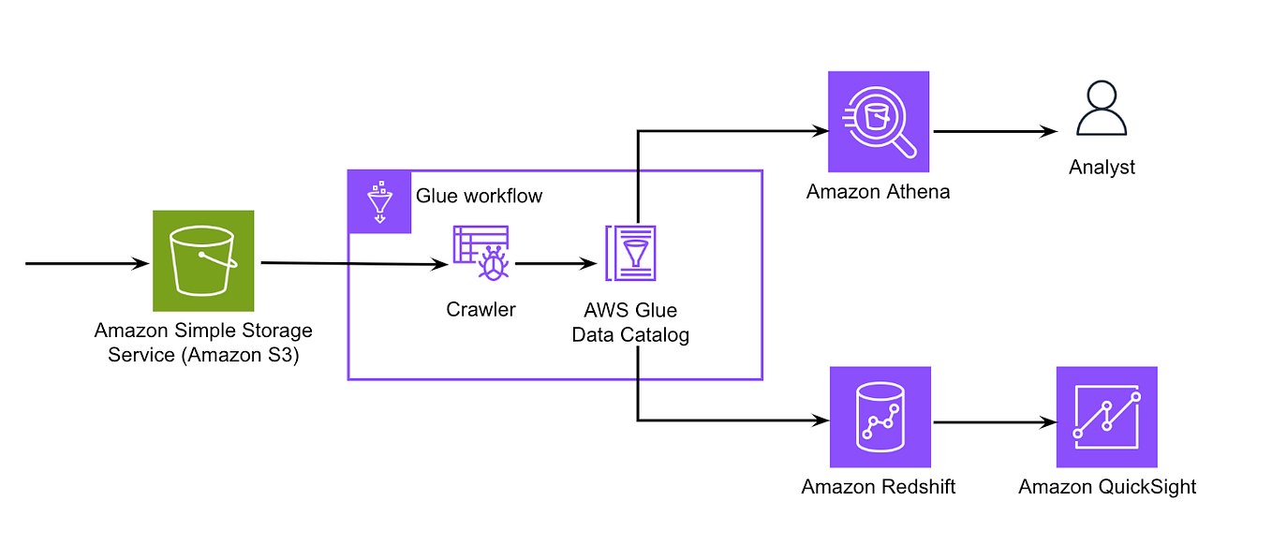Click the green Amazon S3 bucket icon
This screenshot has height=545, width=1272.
tap(203, 260)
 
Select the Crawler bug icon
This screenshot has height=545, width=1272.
tap(481, 253)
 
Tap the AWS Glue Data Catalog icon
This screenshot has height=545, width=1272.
tap(631, 253)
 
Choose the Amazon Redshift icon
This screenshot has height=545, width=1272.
tap(880, 417)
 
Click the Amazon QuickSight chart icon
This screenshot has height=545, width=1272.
tap(1107, 417)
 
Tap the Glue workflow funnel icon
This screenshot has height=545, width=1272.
tap(379, 201)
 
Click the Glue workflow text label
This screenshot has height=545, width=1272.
tap(479, 197)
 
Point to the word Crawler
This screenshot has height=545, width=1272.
tap(481, 309)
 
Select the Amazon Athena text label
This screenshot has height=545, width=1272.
tap(878, 193)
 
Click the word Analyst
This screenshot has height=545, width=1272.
tap(1102, 168)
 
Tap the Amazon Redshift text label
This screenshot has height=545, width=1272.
tap(879, 487)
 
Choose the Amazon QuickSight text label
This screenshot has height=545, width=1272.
tap(1107, 487)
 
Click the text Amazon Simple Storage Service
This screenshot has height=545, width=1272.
tap(203, 343)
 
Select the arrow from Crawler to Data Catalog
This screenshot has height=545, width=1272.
tap(556, 264)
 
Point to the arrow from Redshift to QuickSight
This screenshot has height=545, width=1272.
tap(993, 422)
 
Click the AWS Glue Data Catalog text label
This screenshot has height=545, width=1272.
tap(630, 322)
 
